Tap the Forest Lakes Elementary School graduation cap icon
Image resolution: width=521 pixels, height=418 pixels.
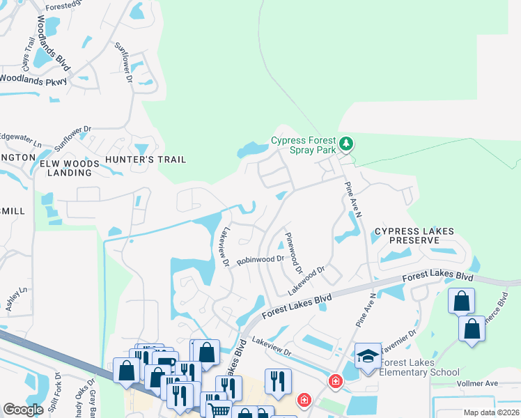[368, 356]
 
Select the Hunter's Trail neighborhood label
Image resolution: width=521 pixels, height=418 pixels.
[146, 160]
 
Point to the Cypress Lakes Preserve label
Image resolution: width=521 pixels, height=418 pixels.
[414, 235]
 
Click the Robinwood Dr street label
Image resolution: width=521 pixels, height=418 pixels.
[260, 260]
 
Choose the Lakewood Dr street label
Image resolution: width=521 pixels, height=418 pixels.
[307, 274]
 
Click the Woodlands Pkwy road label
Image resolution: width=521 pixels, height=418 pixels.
[33, 80]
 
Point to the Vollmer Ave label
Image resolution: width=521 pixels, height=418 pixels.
[477, 384]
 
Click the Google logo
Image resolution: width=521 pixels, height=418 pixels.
[23, 410]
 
